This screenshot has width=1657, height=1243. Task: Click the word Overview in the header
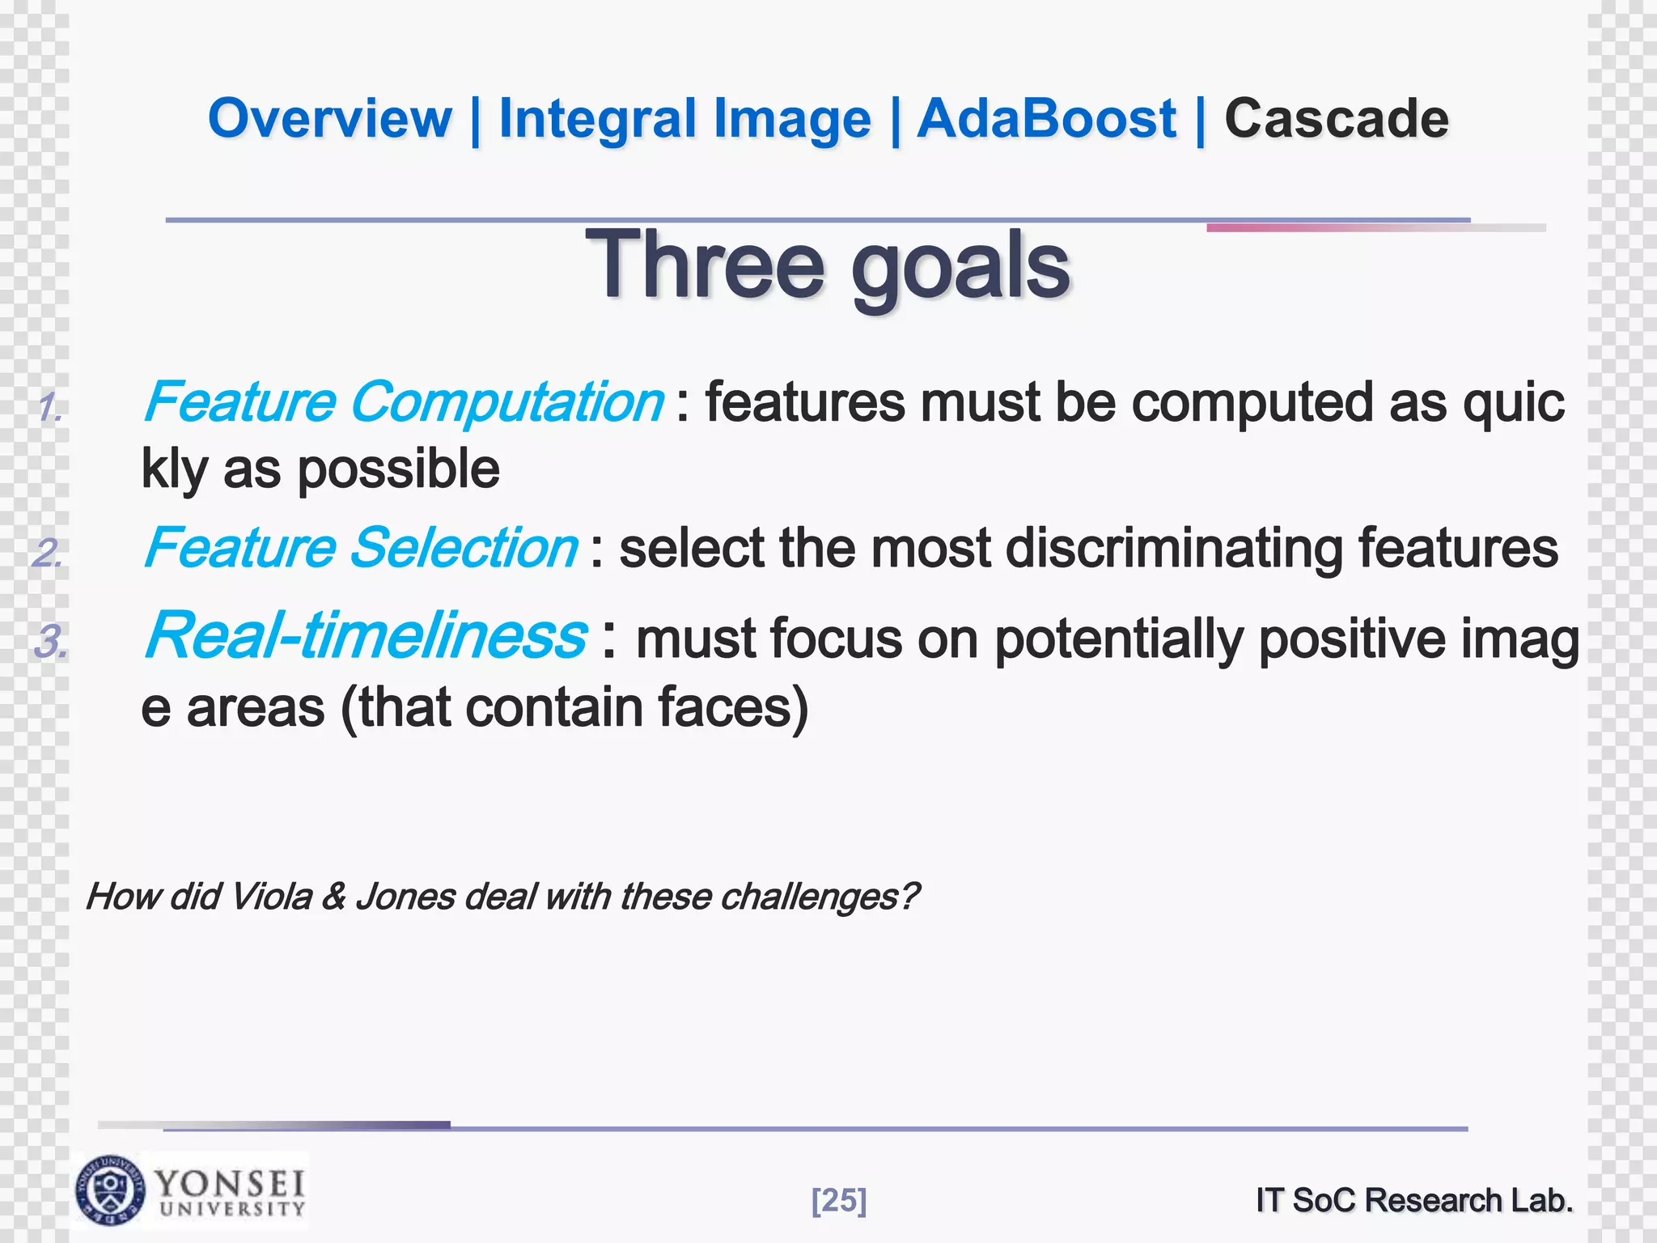pos(329,119)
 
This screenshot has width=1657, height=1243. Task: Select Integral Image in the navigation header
pos(684,119)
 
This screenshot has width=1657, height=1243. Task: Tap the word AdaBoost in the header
pos(1045,119)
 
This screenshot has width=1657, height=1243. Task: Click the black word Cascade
pos(1336,119)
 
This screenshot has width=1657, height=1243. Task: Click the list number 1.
pos(49,408)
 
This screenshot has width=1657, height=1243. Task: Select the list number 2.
pos(48,554)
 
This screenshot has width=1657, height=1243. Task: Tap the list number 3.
pos(50,643)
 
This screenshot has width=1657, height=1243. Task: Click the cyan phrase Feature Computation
pos(403,402)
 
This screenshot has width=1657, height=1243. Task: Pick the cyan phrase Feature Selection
pos(360,548)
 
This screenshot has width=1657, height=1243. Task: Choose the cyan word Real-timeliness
pos(365,636)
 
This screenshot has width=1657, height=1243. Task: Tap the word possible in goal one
pos(398,470)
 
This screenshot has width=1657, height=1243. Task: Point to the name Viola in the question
pos(271,897)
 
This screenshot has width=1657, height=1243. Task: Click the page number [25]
pos(838,1200)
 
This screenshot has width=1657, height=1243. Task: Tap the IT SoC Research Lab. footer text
pos(1414,1200)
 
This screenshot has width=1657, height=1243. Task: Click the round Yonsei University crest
pos(110,1190)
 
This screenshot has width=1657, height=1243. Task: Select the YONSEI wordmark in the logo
pos(231,1184)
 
